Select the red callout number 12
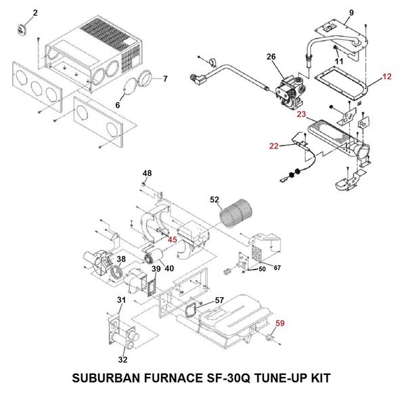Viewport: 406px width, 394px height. click(386, 77)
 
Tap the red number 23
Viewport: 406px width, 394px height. click(301, 114)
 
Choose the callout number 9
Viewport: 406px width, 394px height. click(351, 13)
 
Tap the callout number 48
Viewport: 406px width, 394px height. click(147, 172)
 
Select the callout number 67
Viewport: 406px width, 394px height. click(277, 268)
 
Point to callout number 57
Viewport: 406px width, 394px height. click(219, 299)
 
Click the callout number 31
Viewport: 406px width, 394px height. click(121, 300)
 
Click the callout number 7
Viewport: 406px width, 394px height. click(165, 79)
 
